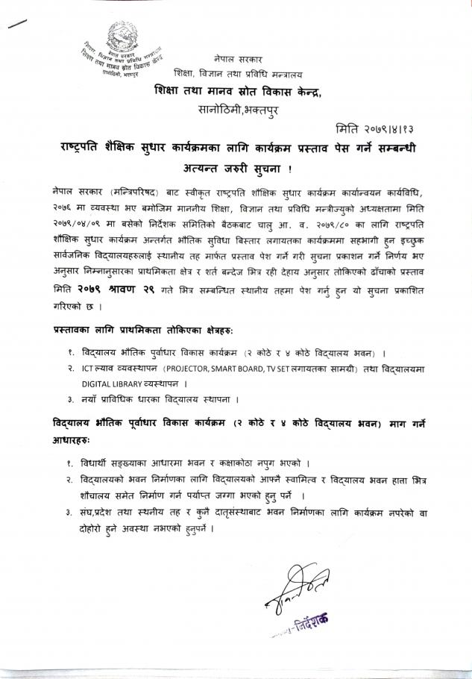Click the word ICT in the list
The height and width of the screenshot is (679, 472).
tap(90, 369)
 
